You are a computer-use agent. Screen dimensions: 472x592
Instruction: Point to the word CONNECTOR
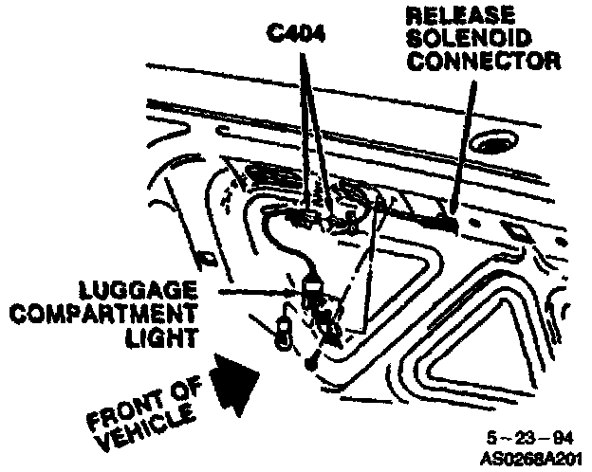pyautogui.click(x=482, y=61)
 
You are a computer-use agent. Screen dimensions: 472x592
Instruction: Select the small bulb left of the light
pyautogui.click(x=284, y=333)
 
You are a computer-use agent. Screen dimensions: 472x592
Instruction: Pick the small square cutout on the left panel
pyautogui.click(x=201, y=257)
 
